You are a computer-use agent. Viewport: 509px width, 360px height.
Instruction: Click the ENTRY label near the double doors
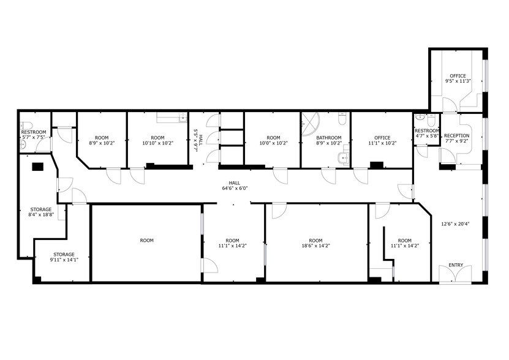(456, 265)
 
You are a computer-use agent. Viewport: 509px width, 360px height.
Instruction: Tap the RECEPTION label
(456, 136)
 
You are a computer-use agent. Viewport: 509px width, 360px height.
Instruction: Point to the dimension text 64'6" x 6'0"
(235, 189)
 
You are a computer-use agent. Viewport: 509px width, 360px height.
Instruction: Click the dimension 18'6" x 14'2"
(315, 247)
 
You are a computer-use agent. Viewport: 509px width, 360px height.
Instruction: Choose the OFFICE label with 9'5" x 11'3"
(458, 76)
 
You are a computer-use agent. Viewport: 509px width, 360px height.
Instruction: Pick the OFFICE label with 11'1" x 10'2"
(382, 138)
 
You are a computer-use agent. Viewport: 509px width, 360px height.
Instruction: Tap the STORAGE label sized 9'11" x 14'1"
(63, 254)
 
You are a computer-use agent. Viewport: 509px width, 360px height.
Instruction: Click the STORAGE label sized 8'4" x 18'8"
(41, 209)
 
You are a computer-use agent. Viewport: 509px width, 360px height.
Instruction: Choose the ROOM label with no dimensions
(146, 241)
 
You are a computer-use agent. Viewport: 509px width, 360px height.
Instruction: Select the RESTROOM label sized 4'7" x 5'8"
(426, 131)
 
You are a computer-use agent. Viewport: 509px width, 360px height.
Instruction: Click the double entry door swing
(455, 274)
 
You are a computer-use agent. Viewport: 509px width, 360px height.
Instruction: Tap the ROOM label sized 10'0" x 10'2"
(273, 138)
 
